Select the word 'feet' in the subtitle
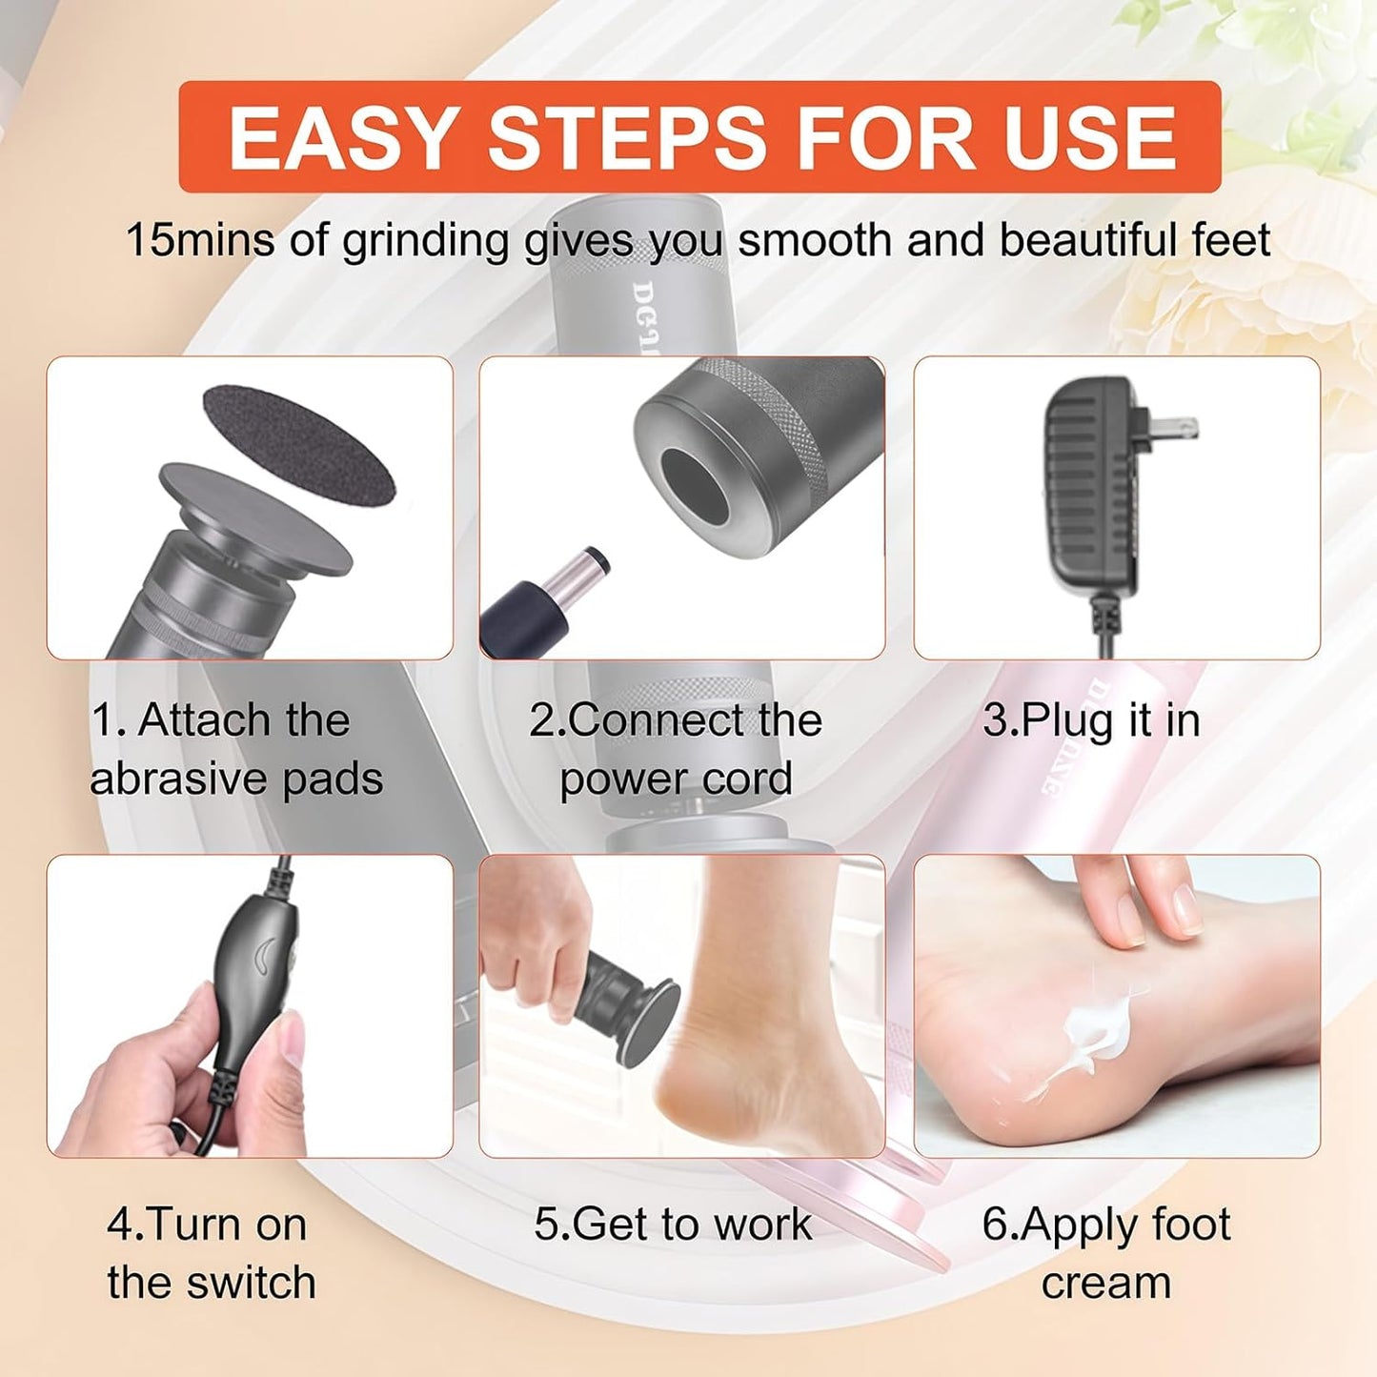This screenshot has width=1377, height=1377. coord(1230,240)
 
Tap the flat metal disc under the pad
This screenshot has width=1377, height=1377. coord(253,518)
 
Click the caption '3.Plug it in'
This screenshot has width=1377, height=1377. coord(1091,720)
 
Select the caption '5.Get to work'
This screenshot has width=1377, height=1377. coord(673,1224)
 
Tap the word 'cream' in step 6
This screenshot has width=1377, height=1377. coord(1105,1282)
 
